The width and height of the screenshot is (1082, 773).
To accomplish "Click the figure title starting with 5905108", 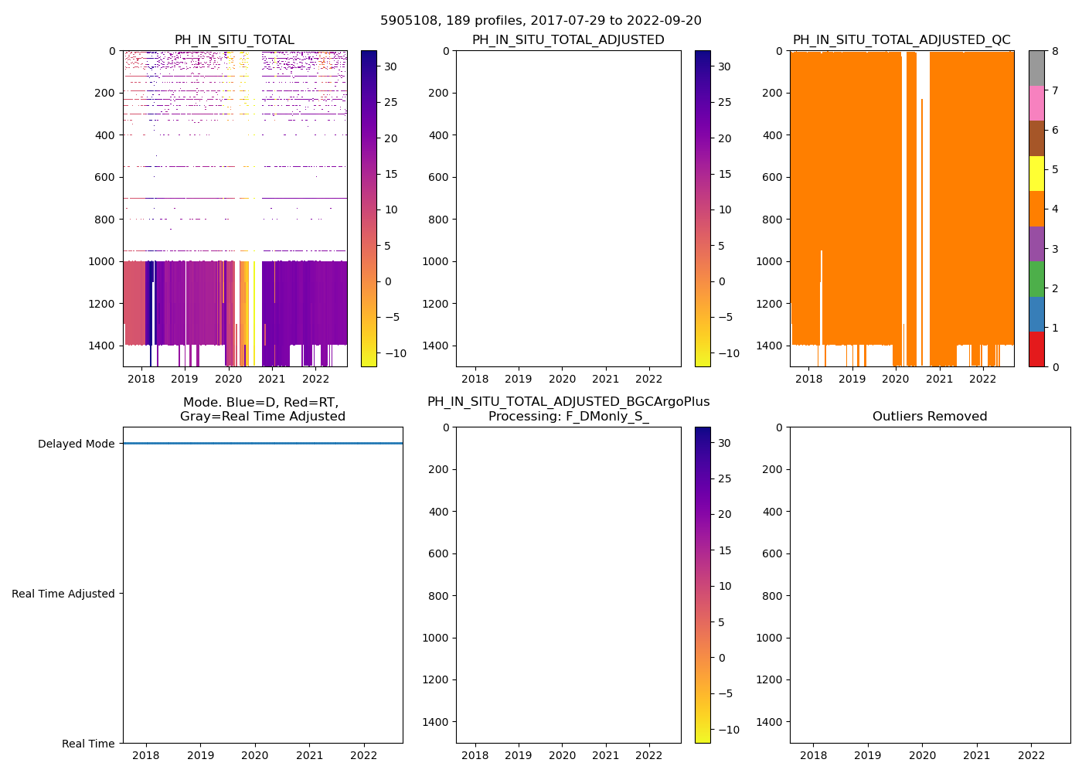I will pyautogui.click(x=541, y=21).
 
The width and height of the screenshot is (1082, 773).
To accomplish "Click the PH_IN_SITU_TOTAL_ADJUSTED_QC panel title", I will pyautogui.click(x=901, y=40).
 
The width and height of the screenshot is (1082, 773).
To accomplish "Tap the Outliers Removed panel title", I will pyautogui.click(x=930, y=417).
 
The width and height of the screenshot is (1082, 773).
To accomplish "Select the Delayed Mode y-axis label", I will pyautogui.click(x=76, y=444).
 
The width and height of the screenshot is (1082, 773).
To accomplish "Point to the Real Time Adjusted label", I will pyautogui.click(x=63, y=594).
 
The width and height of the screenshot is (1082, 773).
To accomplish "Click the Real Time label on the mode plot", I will pyautogui.click(x=88, y=744).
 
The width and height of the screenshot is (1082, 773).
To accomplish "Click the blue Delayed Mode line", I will pyautogui.click(x=263, y=444).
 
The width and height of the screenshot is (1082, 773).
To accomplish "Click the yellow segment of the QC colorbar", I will pyautogui.click(x=1036, y=173).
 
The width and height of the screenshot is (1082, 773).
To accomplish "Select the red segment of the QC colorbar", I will pyautogui.click(x=1036, y=349).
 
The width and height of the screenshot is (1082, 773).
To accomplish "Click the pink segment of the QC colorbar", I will pyautogui.click(x=1036, y=103).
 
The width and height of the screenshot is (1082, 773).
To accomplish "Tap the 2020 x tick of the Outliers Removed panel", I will pyautogui.click(x=922, y=755).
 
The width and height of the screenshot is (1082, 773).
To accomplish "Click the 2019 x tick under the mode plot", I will pyautogui.click(x=200, y=755).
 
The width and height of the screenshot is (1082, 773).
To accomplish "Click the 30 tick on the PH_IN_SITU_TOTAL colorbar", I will pyautogui.click(x=391, y=66).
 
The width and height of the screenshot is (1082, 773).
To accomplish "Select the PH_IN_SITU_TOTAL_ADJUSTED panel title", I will pyautogui.click(x=568, y=40).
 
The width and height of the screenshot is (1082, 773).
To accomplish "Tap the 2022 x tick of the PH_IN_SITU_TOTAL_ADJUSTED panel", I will pyautogui.click(x=648, y=379).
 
